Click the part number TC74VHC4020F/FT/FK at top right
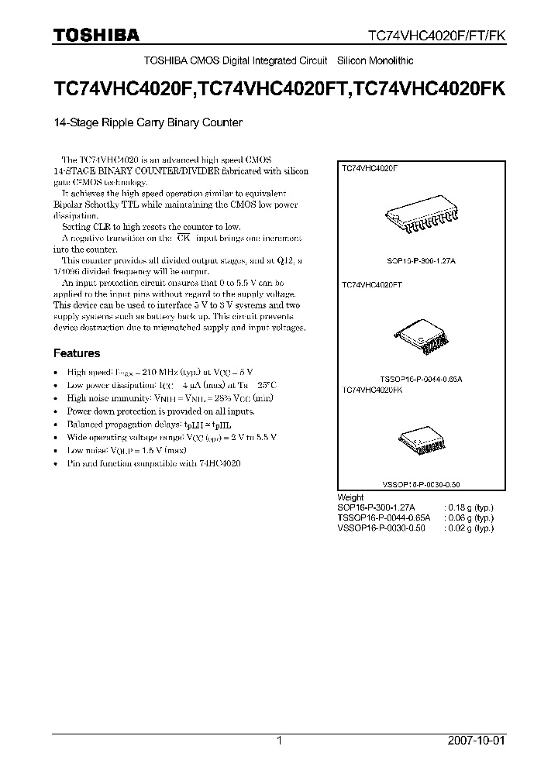coord(436,35)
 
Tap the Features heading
coord(76,353)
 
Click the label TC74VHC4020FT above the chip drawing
coord(373,285)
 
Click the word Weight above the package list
coord(350,497)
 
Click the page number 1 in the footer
coord(279,741)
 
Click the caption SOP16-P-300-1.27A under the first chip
coord(421,262)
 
